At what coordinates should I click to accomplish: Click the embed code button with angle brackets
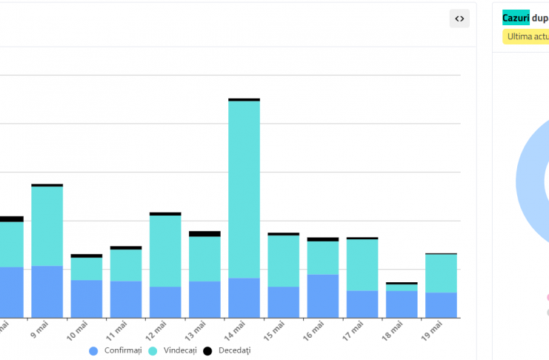tap(459, 19)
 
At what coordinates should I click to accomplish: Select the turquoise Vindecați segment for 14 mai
tap(244, 189)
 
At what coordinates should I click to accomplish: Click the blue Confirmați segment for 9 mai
tap(47, 291)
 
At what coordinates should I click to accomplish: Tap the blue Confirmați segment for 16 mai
tap(323, 296)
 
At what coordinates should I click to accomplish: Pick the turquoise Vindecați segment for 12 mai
tap(165, 250)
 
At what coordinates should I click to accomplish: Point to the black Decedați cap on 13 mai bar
tap(204, 233)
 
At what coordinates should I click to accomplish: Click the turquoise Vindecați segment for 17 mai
tap(362, 264)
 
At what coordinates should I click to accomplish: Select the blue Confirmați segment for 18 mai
tap(402, 304)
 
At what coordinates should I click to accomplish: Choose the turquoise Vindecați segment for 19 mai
tap(441, 273)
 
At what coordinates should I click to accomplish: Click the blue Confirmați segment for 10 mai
tap(87, 299)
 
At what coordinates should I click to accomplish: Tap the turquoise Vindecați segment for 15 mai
tap(284, 261)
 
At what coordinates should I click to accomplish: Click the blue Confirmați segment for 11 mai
tap(126, 299)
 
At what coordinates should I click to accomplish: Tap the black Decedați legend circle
tap(208, 350)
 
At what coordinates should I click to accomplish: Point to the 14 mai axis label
tap(239, 330)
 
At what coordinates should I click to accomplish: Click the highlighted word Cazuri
tap(516, 18)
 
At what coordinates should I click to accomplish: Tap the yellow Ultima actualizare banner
tap(527, 36)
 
